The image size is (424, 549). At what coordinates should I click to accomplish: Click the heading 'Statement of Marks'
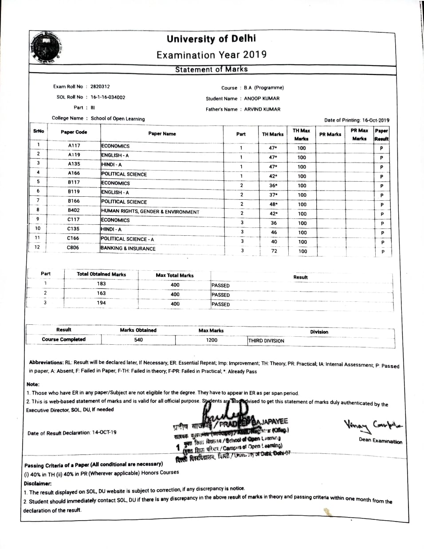click(211, 69)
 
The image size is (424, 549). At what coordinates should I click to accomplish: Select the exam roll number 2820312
click(100, 86)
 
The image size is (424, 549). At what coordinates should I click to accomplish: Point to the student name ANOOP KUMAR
click(262, 98)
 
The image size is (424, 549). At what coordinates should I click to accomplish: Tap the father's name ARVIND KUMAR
click(263, 109)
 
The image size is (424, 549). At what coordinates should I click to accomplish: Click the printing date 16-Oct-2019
click(376, 120)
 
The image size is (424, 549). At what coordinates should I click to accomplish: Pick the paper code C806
click(73, 247)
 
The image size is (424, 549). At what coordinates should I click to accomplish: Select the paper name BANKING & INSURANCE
click(128, 249)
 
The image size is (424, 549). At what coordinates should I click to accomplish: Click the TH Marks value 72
click(274, 251)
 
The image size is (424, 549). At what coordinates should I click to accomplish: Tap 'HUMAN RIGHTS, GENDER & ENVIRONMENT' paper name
click(150, 211)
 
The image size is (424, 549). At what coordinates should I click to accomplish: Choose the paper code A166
click(74, 173)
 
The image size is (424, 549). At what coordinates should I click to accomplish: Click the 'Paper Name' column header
click(162, 133)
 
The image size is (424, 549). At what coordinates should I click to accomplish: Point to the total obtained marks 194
click(102, 303)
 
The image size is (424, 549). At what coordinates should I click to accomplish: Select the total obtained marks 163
click(102, 293)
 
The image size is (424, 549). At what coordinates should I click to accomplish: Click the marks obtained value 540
click(138, 339)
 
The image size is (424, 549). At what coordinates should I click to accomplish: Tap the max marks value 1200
click(212, 340)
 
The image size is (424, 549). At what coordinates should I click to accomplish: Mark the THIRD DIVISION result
click(266, 341)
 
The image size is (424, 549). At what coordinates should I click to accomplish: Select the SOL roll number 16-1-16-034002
click(108, 97)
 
